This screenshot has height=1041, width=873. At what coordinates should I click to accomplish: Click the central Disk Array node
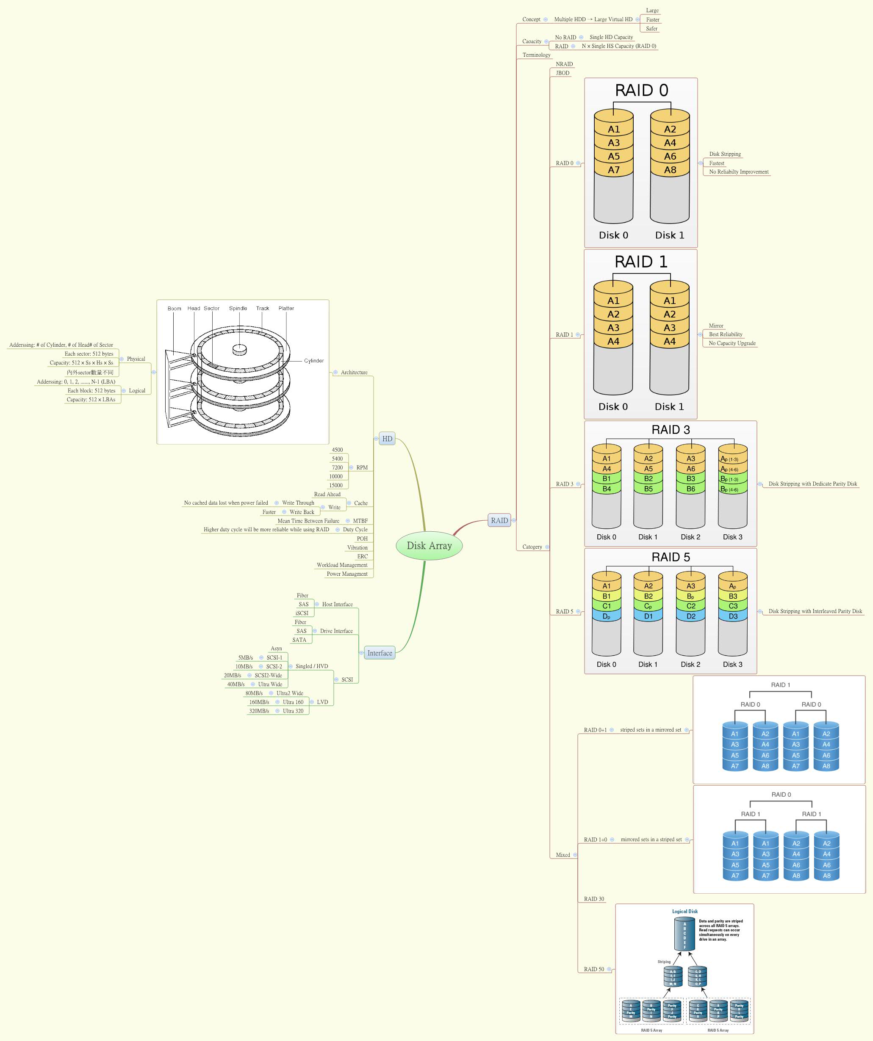[x=429, y=545]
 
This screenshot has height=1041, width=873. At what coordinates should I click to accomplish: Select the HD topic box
[x=387, y=439]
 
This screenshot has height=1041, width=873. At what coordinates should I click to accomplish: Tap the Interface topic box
[x=380, y=653]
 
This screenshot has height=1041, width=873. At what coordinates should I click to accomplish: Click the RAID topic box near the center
[x=499, y=520]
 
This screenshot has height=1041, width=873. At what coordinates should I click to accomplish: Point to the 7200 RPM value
[x=337, y=467]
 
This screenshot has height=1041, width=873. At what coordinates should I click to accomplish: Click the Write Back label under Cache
[x=302, y=512]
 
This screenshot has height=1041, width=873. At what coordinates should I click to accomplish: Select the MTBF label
[x=360, y=521]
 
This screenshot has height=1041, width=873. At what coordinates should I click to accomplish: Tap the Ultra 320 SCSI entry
[x=293, y=711]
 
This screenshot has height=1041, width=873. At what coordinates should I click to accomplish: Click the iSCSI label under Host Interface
[x=302, y=613]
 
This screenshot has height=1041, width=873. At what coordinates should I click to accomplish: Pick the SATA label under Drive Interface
[x=299, y=640]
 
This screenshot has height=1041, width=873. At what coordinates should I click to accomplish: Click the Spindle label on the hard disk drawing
[x=238, y=308]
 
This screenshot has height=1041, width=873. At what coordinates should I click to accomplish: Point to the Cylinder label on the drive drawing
[x=313, y=361]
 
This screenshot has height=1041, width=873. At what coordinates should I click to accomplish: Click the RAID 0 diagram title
[x=641, y=90]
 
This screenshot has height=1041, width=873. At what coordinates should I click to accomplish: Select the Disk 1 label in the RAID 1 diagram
[x=669, y=406]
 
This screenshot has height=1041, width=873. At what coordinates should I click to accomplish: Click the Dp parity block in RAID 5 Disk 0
[x=606, y=616]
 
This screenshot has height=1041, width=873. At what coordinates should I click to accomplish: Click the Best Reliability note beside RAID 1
[x=725, y=334]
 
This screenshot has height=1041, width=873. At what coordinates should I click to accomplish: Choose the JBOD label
[x=563, y=73]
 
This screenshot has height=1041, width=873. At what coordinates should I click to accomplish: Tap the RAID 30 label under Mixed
[x=594, y=899]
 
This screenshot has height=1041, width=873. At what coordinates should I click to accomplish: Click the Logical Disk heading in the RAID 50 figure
[x=685, y=911]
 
